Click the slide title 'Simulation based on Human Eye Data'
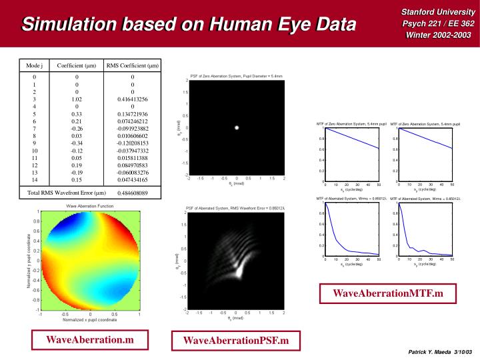pos(188,25)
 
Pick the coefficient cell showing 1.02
pos(77,99)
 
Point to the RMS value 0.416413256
pos(133,99)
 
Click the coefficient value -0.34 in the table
pos(77,143)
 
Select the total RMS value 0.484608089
pos(133,193)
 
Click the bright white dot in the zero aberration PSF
pos(236,127)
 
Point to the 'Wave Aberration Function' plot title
pos(89,207)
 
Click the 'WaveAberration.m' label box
pos(89,340)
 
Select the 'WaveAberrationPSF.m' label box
pos(237,341)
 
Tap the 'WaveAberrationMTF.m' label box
pos(387,293)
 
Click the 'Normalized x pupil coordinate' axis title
pos(89,321)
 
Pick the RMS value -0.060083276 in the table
pos(133,172)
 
